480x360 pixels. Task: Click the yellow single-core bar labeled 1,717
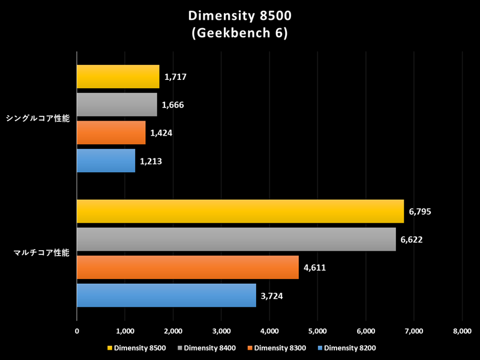(x=118, y=77)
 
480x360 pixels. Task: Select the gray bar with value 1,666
(x=116, y=105)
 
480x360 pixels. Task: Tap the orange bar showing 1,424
(x=111, y=133)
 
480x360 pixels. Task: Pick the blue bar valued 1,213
(x=106, y=161)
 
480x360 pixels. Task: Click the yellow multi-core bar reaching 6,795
(x=240, y=211)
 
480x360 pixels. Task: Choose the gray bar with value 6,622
(x=236, y=239)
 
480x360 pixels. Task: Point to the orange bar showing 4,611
(x=187, y=267)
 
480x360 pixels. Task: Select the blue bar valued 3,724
(x=166, y=295)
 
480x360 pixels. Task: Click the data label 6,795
(x=420, y=212)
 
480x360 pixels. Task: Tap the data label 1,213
(x=151, y=161)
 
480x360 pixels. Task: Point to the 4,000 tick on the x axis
(x=269, y=331)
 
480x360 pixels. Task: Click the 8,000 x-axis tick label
(x=462, y=331)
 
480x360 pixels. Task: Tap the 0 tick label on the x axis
(x=77, y=331)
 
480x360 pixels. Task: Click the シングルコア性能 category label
(x=37, y=119)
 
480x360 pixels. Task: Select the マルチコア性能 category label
(x=41, y=253)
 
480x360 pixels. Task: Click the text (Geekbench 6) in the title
(x=240, y=34)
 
